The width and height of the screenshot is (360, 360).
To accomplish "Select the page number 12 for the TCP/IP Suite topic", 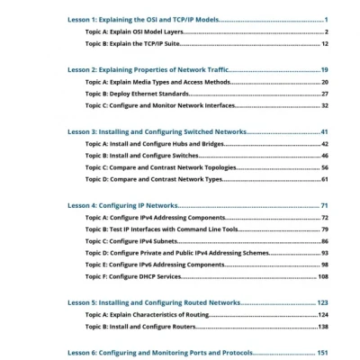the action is click(x=324, y=43).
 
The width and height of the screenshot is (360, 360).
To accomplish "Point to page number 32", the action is click(x=324, y=105).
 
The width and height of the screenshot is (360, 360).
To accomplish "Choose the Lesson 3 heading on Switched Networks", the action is click(x=157, y=130).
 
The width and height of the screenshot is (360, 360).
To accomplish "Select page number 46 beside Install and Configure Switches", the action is click(x=324, y=156).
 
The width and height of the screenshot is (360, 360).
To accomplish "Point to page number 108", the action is click(x=322, y=276).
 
